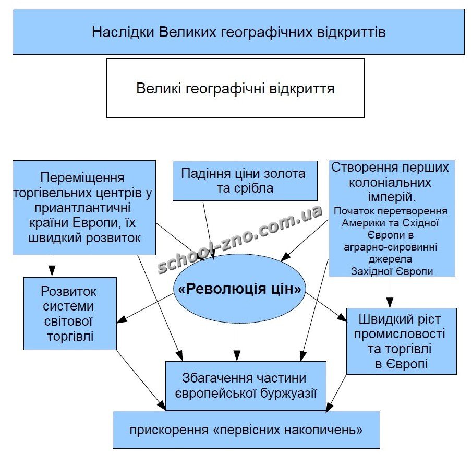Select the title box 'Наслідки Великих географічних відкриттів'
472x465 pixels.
[238, 32]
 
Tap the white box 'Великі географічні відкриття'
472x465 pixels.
[235, 88]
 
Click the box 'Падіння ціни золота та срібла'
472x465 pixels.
[245, 181]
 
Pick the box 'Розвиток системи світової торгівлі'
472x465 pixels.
[70, 313]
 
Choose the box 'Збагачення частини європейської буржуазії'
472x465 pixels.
[246, 386]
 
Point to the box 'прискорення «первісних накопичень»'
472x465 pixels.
[246, 430]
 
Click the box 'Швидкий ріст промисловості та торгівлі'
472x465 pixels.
[401, 341]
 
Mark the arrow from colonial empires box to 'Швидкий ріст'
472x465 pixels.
[390, 292]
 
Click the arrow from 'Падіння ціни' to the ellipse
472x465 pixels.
[209, 230]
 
